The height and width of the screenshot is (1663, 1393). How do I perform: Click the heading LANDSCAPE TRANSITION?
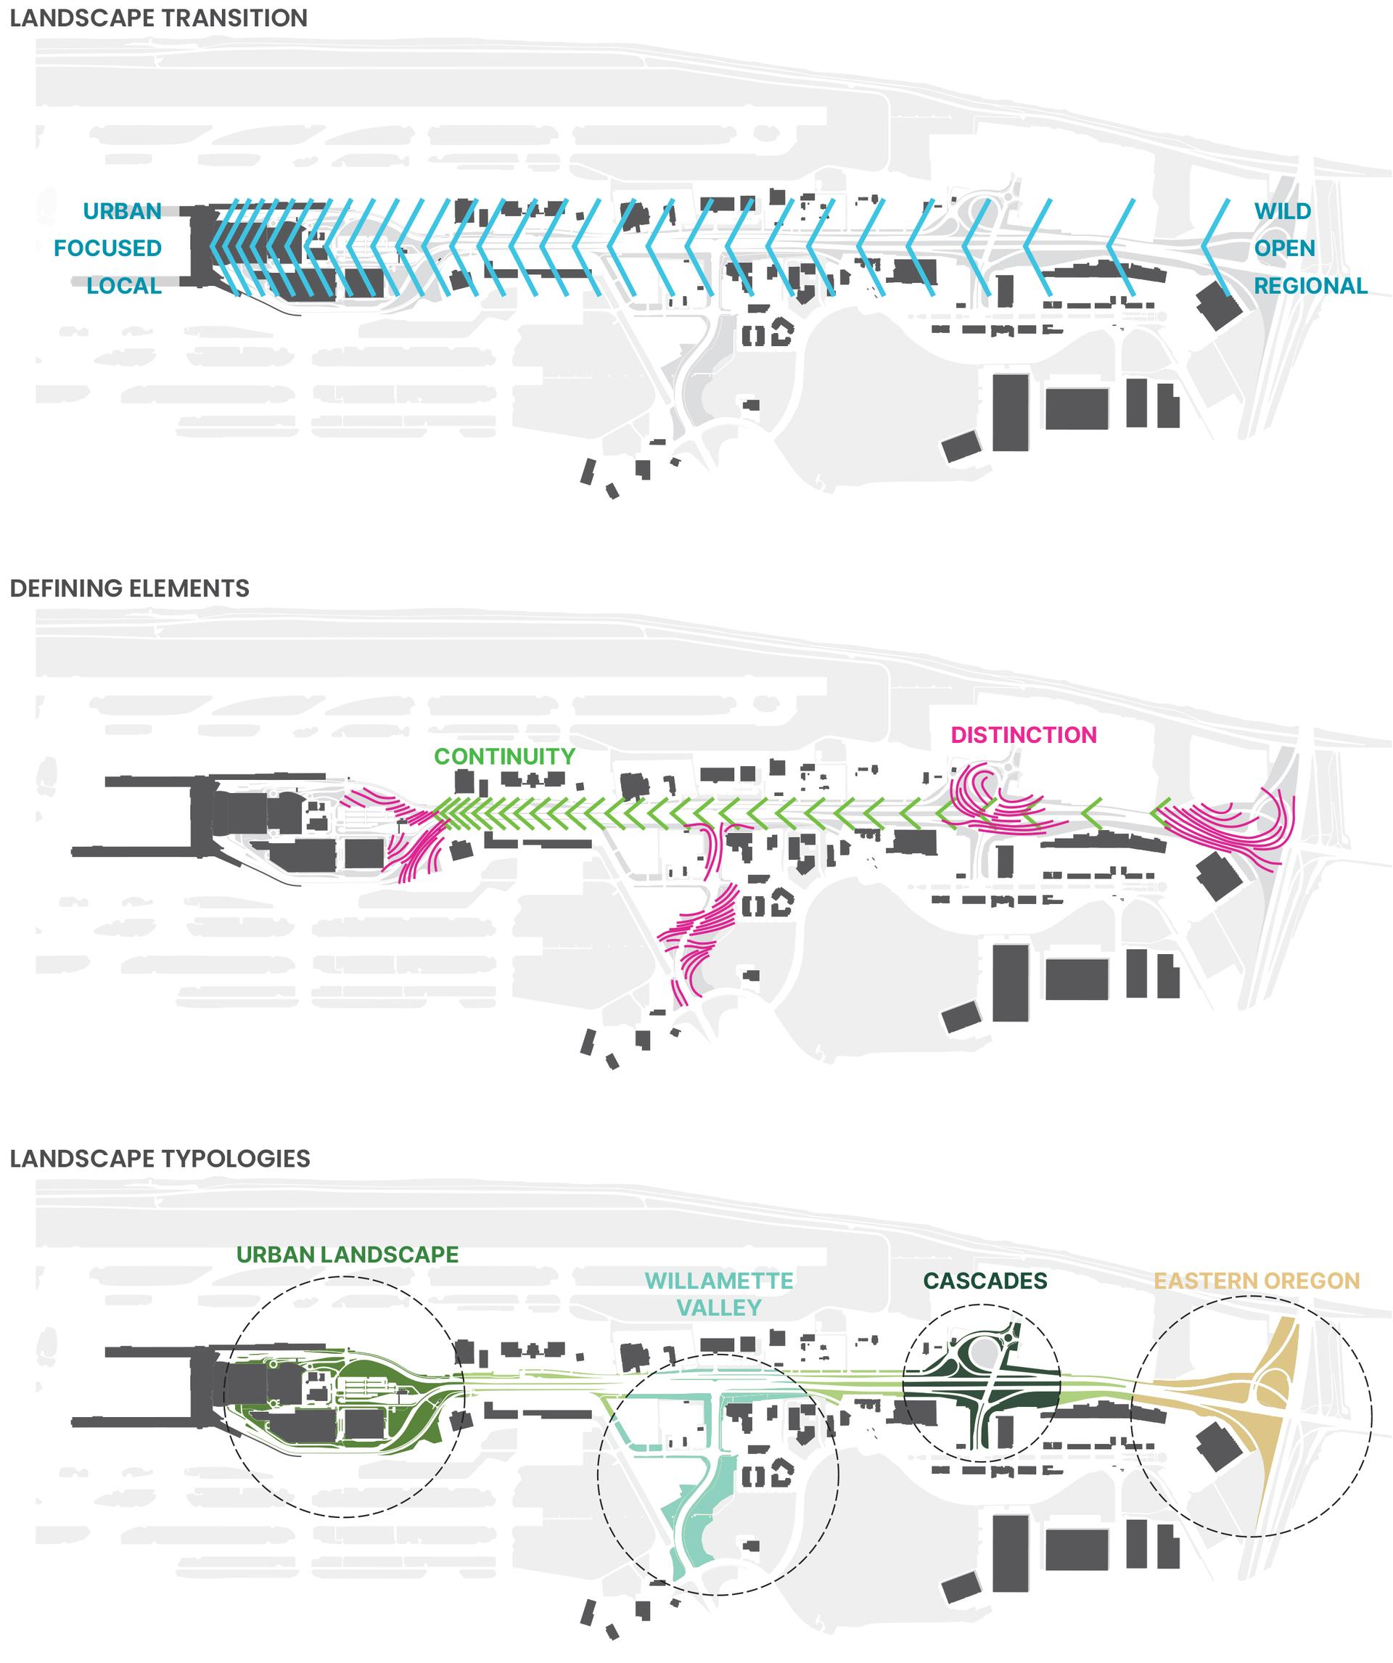pos(158,18)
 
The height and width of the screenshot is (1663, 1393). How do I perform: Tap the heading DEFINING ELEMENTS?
pos(129,588)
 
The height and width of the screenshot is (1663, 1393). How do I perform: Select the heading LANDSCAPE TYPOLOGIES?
pos(160,1159)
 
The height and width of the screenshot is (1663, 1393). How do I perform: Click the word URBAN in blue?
pos(122,211)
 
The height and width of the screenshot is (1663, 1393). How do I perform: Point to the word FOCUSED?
pos(107,249)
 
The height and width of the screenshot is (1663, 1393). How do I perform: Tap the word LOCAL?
pos(124,286)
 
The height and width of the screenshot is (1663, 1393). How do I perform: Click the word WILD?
pos(1282,211)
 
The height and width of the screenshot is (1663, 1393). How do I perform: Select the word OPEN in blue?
pos(1283,249)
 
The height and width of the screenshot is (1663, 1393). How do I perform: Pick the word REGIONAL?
pos(1310,286)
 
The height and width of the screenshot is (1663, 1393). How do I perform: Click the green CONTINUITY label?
pos(504,756)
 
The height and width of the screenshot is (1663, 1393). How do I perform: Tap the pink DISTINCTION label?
pos(1023,735)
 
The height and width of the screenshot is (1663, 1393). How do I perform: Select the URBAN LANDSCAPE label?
pos(347,1255)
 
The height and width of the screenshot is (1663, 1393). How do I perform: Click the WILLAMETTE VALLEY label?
pos(718,1294)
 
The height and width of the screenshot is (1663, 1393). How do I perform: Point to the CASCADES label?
pos(985,1281)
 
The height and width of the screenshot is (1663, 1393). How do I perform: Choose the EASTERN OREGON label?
pos(1256,1281)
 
